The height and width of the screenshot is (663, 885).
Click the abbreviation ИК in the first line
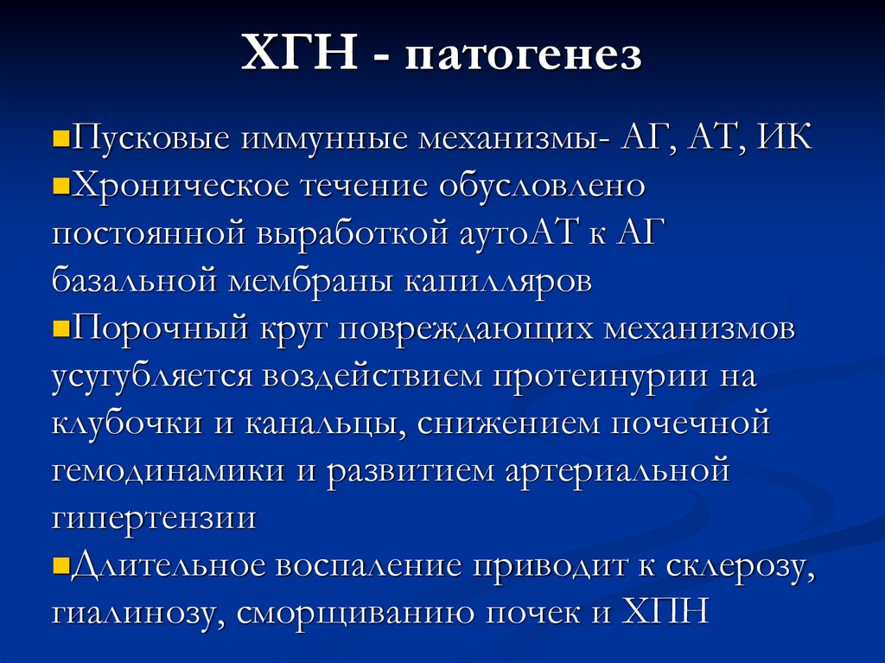pyautogui.click(x=784, y=138)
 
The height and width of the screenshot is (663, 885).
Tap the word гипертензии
pyautogui.click(x=153, y=520)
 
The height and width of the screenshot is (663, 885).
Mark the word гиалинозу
pyautogui.click(x=131, y=615)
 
